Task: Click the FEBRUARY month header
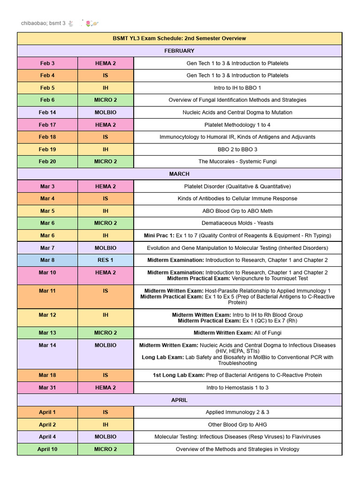coord(179,51)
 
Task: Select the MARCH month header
coord(179,174)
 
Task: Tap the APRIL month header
coord(179,400)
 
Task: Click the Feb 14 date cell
coord(47,112)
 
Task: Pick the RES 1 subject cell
coord(105,260)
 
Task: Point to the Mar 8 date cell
coord(47,260)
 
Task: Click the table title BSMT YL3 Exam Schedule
coord(179,38)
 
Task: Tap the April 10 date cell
coord(47,449)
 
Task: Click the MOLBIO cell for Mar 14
coord(105,345)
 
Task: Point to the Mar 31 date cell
coord(47,388)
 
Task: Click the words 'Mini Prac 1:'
coord(160,235)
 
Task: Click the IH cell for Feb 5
coord(105,88)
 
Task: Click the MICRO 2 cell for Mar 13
coord(105,333)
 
